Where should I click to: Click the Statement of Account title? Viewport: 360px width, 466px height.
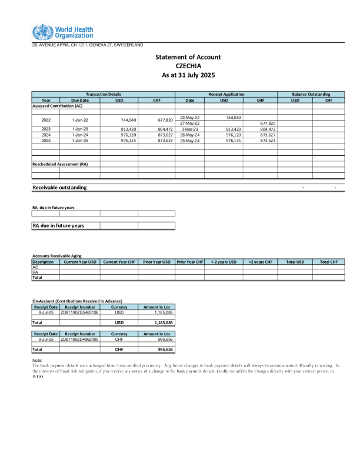point(188,57)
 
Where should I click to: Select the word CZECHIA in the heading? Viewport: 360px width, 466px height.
point(188,66)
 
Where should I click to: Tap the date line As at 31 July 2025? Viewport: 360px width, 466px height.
point(188,75)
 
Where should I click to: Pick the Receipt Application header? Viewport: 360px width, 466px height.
point(226,94)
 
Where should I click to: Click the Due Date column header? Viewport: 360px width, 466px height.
point(79,100)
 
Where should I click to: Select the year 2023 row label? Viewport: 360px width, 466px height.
point(46,129)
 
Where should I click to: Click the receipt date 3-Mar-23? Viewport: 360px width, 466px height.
point(190,129)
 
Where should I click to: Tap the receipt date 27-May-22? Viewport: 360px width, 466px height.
point(190,123)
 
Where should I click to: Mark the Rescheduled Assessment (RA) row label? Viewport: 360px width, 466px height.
point(60,164)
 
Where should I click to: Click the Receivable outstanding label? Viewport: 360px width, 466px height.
point(59,187)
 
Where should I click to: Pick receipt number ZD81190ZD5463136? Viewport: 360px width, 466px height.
point(79,312)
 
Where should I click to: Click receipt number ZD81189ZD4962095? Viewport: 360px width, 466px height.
point(79,339)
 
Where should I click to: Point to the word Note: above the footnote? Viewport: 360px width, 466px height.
point(36,360)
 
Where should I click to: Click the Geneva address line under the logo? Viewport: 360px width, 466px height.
point(87,45)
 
